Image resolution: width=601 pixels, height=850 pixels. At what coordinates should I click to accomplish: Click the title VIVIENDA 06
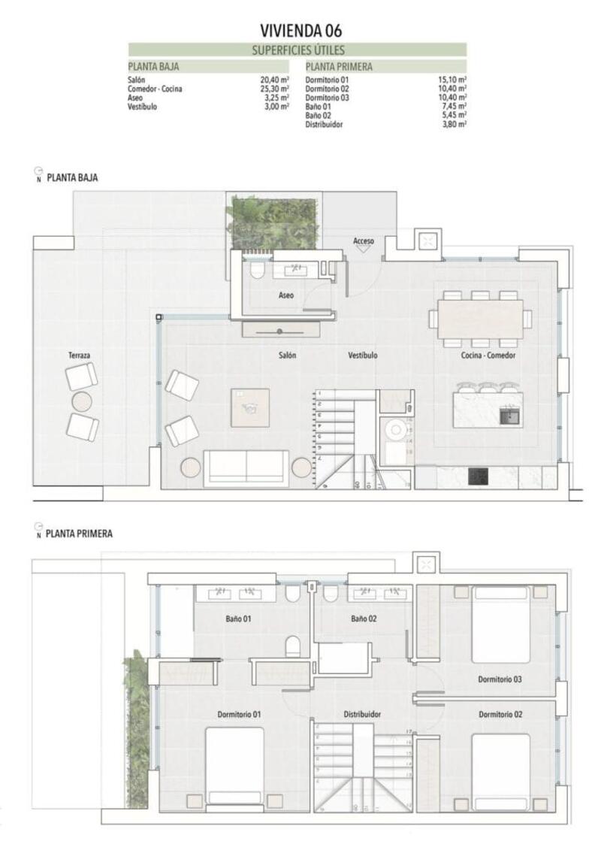click(x=300, y=30)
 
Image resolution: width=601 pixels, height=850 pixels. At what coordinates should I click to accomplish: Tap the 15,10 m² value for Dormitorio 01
click(x=452, y=79)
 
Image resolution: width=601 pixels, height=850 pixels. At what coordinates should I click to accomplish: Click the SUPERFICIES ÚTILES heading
click(x=298, y=50)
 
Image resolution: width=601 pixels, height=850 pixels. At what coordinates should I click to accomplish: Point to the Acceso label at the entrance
click(x=364, y=240)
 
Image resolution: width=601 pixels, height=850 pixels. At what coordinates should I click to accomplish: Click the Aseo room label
click(x=286, y=295)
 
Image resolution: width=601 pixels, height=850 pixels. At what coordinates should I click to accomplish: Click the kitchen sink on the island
click(x=512, y=413)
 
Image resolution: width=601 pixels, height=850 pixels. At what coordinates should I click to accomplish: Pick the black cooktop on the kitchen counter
click(x=477, y=476)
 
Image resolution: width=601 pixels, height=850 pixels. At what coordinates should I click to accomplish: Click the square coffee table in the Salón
click(x=249, y=408)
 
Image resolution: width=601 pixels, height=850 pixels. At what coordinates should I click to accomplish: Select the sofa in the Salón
click(x=246, y=467)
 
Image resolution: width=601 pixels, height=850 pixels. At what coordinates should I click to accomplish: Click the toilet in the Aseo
click(x=256, y=269)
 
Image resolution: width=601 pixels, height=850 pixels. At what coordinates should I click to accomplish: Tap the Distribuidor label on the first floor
click(x=362, y=714)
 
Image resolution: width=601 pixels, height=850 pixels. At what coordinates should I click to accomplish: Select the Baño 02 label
click(x=363, y=619)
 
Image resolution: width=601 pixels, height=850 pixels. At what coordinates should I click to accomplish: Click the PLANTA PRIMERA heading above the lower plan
click(x=79, y=534)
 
